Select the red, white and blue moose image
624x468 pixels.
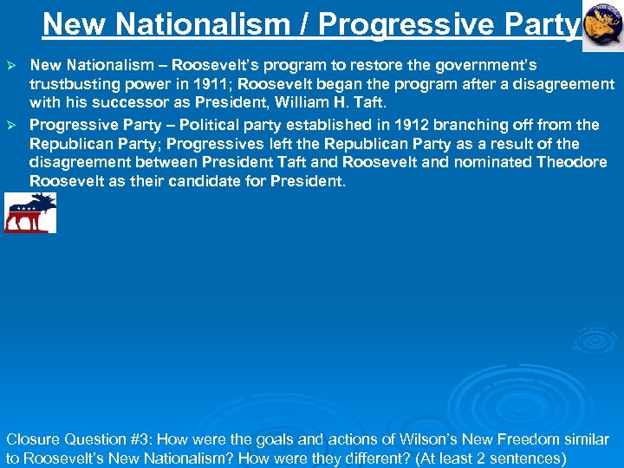coord(30,213)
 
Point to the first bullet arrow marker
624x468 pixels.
coord(12,66)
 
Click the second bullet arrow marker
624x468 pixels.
coord(12,125)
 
